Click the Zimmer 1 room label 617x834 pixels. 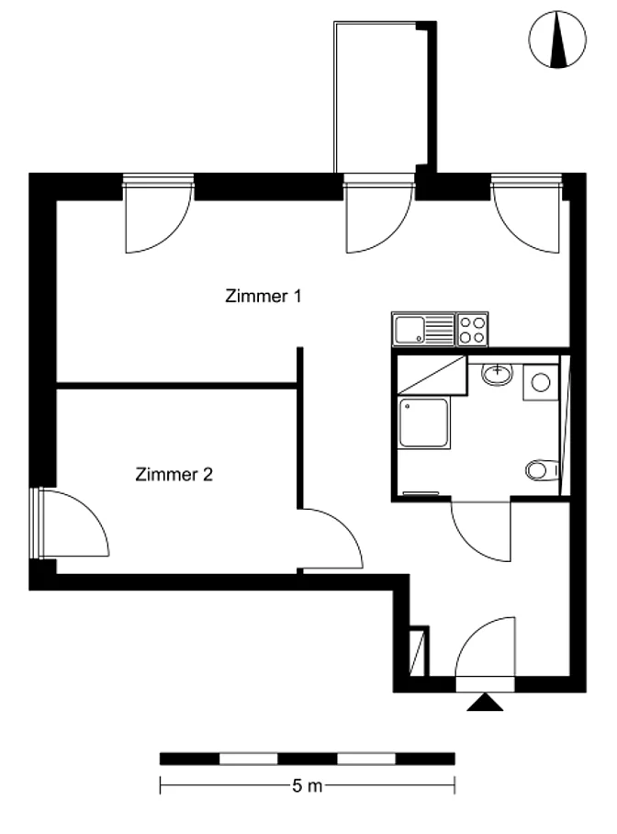(264, 296)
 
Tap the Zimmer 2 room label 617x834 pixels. (174, 474)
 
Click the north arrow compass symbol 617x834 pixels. (557, 39)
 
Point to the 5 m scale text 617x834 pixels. (307, 785)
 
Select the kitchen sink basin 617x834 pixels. (409, 330)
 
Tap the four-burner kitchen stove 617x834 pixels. (472, 329)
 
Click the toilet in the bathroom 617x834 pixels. (542, 470)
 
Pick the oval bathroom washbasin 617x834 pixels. (498, 374)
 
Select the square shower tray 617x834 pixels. (424, 423)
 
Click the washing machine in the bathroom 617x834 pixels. (541, 382)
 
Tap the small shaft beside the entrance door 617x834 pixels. (418, 651)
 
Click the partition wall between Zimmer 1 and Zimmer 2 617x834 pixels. (176, 386)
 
